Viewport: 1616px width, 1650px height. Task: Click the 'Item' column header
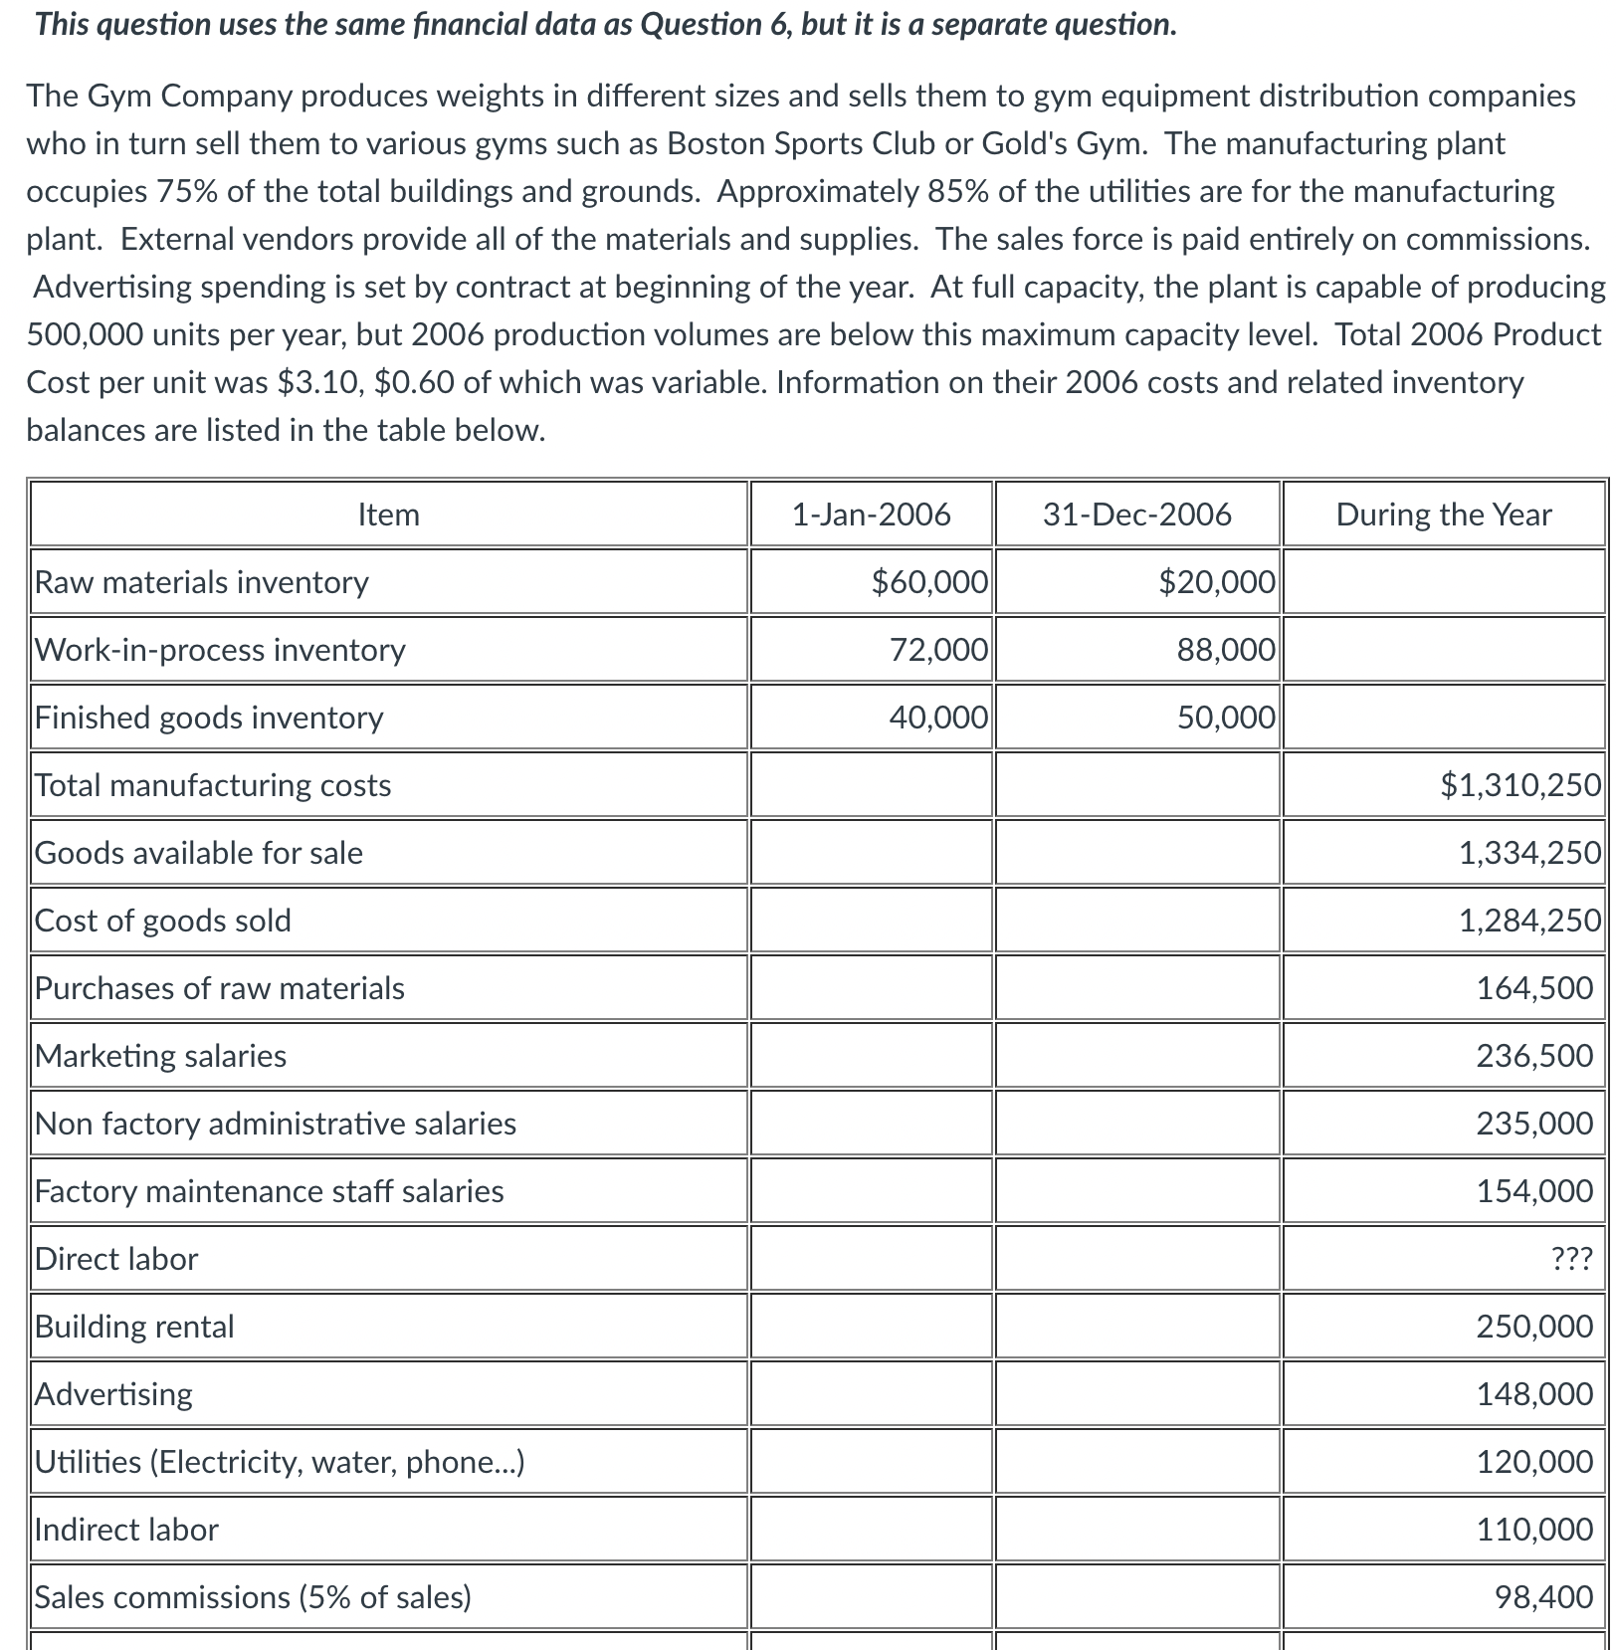[x=388, y=515]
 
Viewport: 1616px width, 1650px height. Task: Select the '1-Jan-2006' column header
[x=871, y=515]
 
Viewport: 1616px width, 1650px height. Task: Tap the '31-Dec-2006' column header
[x=1136, y=515]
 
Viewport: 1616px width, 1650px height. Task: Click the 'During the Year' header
[x=1443, y=515]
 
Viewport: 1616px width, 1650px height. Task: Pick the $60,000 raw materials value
[x=929, y=582]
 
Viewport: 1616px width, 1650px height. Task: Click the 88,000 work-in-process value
[x=1226, y=650]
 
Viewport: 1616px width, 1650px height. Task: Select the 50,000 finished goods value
[x=1226, y=718]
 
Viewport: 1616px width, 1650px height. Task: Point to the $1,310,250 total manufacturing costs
[x=1520, y=785]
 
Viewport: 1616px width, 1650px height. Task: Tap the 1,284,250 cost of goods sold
[x=1529, y=921]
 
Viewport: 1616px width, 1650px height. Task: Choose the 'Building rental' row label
[x=134, y=1327]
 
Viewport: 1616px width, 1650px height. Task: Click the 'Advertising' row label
[x=113, y=1394]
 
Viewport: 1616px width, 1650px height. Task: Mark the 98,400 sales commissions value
[x=1543, y=1597]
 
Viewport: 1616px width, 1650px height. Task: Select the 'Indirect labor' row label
[x=126, y=1530]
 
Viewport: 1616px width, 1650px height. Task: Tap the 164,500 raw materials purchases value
[x=1534, y=988]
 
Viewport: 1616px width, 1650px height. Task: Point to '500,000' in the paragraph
[x=86, y=334]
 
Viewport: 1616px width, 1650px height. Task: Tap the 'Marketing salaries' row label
[x=160, y=1056]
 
